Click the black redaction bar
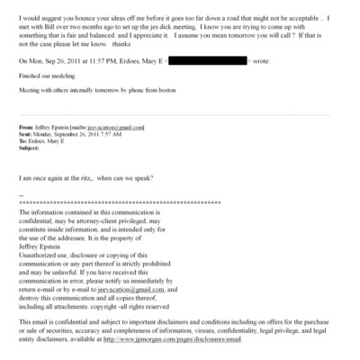[x=207, y=60]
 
